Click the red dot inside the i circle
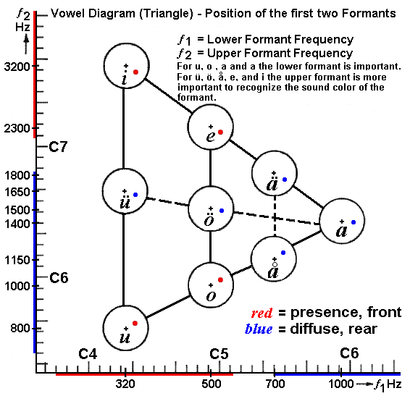point(135,72)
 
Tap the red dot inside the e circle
point(220,132)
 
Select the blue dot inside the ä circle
point(285,180)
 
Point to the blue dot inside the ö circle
point(222,211)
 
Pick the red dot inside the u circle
point(135,324)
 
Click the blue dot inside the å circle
point(283,253)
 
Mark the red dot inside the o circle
point(220,280)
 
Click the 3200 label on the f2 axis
point(17,67)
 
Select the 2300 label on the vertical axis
point(17,129)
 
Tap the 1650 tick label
point(18,192)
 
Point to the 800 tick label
point(20,328)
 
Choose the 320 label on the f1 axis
point(125,384)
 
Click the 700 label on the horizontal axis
point(275,384)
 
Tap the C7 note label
point(58,147)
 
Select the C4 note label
point(88,354)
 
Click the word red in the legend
point(262,313)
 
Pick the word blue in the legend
point(259,329)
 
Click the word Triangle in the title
point(167,14)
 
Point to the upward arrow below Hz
point(26,45)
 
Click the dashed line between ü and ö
point(167,202)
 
